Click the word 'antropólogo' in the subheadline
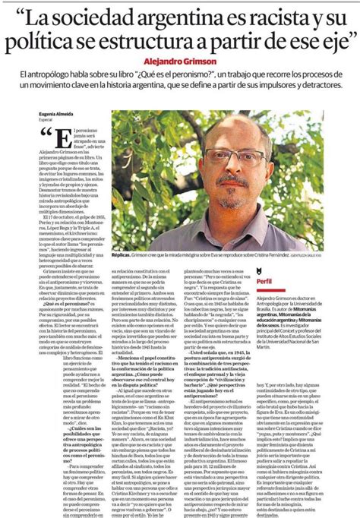pyautogui.click(x=63, y=77)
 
